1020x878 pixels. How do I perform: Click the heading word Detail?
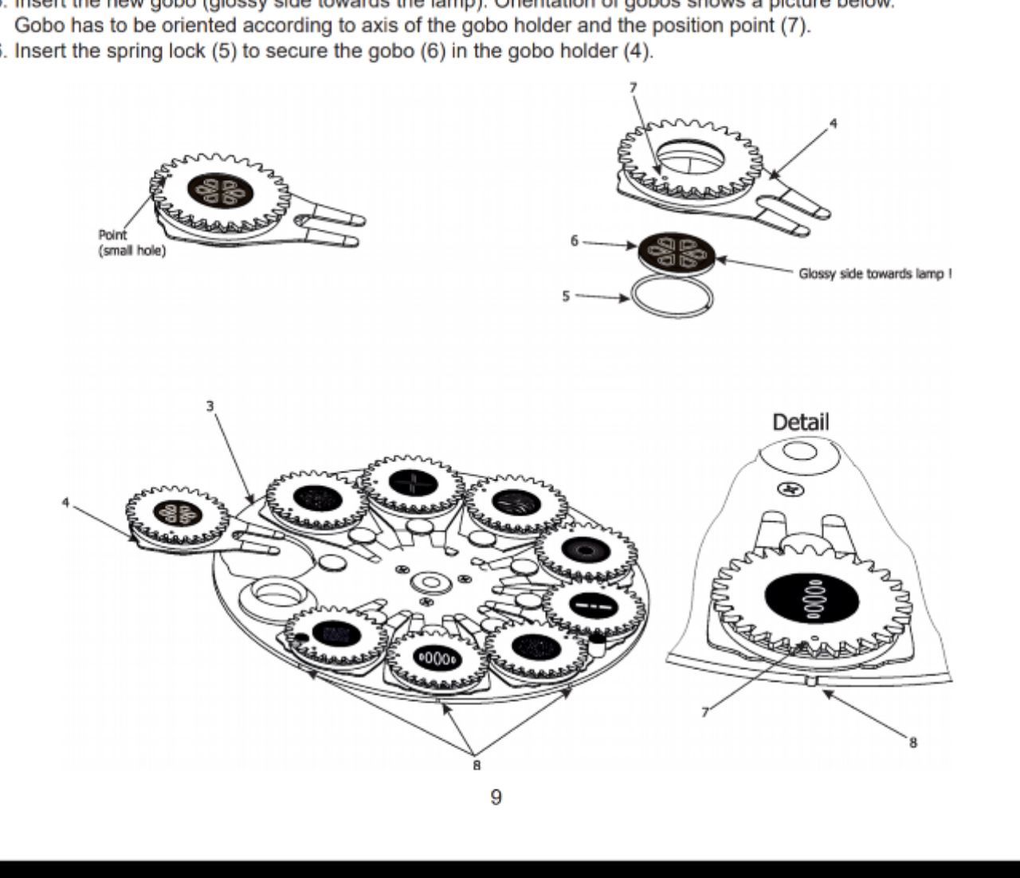point(800,421)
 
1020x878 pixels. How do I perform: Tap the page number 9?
point(496,798)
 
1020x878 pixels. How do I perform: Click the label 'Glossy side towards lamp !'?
point(875,274)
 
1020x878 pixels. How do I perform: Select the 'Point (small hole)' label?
point(131,243)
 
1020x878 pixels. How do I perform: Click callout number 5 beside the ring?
point(566,296)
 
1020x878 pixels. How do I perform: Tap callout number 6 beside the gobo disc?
point(574,240)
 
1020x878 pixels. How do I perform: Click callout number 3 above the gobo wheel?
point(210,406)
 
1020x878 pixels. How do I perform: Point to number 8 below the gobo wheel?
point(477,765)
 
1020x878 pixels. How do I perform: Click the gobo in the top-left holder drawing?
point(220,190)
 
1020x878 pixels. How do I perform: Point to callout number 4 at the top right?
point(834,123)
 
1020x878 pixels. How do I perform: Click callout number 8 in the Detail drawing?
point(913,742)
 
